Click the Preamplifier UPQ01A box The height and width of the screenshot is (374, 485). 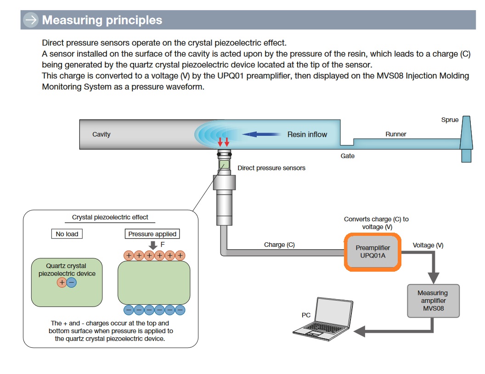pyautogui.click(x=372, y=251)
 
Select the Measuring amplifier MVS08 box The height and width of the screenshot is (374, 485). pyautogui.click(x=433, y=301)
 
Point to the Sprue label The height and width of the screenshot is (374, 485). pyautogui.click(x=450, y=120)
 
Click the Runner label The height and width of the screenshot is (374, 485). pyautogui.click(x=395, y=134)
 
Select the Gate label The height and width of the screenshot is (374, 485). pyautogui.click(x=347, y=156)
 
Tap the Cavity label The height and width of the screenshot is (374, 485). pyautogui.click(x=102, y=134)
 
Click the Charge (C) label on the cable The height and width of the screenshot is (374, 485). pyautogui.click(x=279, y=245)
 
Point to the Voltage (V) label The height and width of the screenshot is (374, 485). pyautogui.click(x=428, y=246)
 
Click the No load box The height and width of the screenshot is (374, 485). pyautogui.click(x=67, y=234)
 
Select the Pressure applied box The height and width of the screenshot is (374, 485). pyautogui.click(x=152, y=234)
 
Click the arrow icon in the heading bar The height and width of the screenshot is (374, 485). pyautogui.click(x=31, y=20)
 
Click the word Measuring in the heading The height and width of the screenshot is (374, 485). pyautogui.click(x=72, y=20)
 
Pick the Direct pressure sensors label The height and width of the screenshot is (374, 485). pyautogui.click(x=271, y=168)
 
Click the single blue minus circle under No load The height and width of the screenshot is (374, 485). pyautogui.click(x=72, y=282)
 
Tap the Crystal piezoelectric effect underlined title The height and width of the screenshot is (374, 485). pyautogui.click(x=110, y=217)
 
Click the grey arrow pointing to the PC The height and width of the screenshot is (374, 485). pyautogui.click(x=367, y=330)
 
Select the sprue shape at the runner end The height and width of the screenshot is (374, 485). pyautogui.click(x=466, y=138)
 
